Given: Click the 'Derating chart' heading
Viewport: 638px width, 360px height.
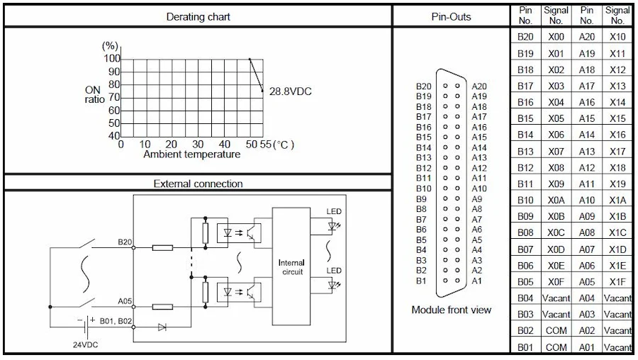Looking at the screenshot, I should pyautogui.click(x=198, y=16).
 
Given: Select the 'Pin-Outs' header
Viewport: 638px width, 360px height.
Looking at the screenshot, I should pyautogui.click(x=451, y=16).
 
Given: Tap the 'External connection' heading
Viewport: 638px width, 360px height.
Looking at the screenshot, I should pyautogui.click(x=198, y=184).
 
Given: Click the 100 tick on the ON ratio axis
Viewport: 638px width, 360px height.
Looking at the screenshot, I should pyautogui.click(x=112, y=59).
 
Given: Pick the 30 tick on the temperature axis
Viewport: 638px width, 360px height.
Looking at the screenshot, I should pyautogui.click(x=197, y=145).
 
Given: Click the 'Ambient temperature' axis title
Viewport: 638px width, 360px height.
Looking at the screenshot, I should pyautogui.click(x=191, y=154).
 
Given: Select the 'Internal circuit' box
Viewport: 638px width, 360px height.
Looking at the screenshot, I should pyautogui.click(x=292, y=267).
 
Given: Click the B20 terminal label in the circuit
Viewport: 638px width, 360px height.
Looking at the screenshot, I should pyautogui.click(x=125, y=242).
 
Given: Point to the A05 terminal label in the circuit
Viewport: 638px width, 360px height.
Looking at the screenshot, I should pyautogui.click(x=125, y=301).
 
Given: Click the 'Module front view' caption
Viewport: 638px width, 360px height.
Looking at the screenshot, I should pyautogui.click(x=451, y=310).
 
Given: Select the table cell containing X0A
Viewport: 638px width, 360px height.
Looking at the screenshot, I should pyautogui.click(x=556, y=200).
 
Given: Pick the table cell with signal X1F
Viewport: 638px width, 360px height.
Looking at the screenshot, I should pyautogui.click(x=617, y=281).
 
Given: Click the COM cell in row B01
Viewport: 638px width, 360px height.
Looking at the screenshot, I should pyautogui.click(x=556, y=347).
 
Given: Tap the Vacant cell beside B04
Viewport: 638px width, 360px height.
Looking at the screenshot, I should pyautogui.click(x=556, y=298).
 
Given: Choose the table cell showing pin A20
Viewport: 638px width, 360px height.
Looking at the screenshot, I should pyautogui.click(x=587, y=37).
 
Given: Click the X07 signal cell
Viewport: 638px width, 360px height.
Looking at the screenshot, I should pyautogui.click(x=556, y=151).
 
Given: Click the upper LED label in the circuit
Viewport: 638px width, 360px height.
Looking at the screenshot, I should pyautogui.click(x=333, y=211).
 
